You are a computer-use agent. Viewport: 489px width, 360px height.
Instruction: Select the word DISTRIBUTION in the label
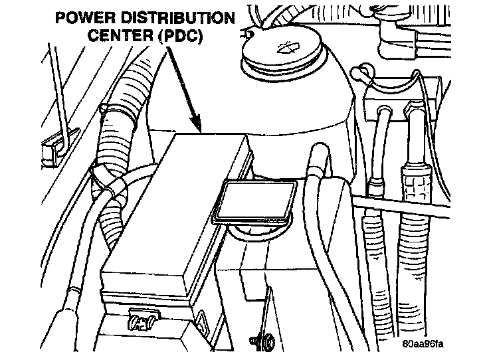point(177,18)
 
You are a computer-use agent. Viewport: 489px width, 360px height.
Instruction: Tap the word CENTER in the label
point(120,35)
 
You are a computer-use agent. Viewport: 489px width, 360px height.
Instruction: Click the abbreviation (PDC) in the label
point(180,35)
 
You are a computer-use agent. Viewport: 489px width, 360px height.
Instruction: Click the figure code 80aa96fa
point(423,344)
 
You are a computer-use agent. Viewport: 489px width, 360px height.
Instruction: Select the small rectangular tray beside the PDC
point(254,202)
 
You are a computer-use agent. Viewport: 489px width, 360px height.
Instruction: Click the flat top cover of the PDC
point(175,206)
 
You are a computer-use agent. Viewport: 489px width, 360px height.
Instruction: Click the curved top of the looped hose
point(319,149)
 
